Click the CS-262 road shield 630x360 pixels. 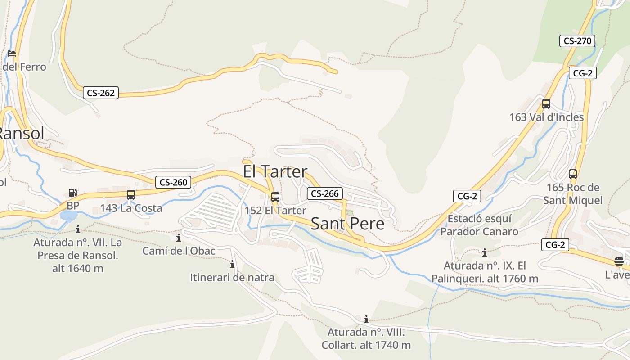(101, 93)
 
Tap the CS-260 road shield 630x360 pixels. (173, 182)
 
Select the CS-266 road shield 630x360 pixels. (325, 193)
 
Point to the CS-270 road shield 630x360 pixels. (577, 41)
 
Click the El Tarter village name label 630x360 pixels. (275, 171)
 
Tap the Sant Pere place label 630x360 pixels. (347, 224)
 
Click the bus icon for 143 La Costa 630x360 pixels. (131, 195)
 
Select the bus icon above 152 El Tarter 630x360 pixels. (275, 197)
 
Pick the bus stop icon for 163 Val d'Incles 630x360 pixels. (546, 104)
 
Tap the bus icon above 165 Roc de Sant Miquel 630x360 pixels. (572, 174)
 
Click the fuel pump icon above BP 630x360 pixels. (72, 193)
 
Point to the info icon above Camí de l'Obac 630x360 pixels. (179, 238)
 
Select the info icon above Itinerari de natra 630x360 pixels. (232, 264)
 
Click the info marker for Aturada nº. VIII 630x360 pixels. (366, 319)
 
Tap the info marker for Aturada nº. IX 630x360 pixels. (485, 252)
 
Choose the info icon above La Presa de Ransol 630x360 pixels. (78, 229)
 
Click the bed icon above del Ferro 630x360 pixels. (12, 54)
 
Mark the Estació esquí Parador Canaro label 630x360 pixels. (479, 225)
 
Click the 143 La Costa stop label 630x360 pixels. (131, 208)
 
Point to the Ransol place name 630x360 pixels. (22, 133)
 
